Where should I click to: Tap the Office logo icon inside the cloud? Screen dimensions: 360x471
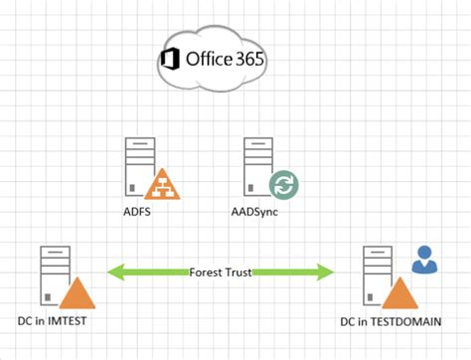click(x=170, y=60)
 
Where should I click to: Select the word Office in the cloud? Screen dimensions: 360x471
click(x=207, y=59)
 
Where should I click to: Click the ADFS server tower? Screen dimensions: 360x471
click(x=137, y=165)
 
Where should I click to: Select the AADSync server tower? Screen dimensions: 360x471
click(x=255, y=165)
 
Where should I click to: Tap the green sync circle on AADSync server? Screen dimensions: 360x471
click(x=283, y=185)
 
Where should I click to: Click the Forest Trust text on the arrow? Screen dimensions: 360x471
click(x=221, y=269)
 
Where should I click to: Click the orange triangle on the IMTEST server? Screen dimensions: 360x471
click(x=78, y=294)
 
